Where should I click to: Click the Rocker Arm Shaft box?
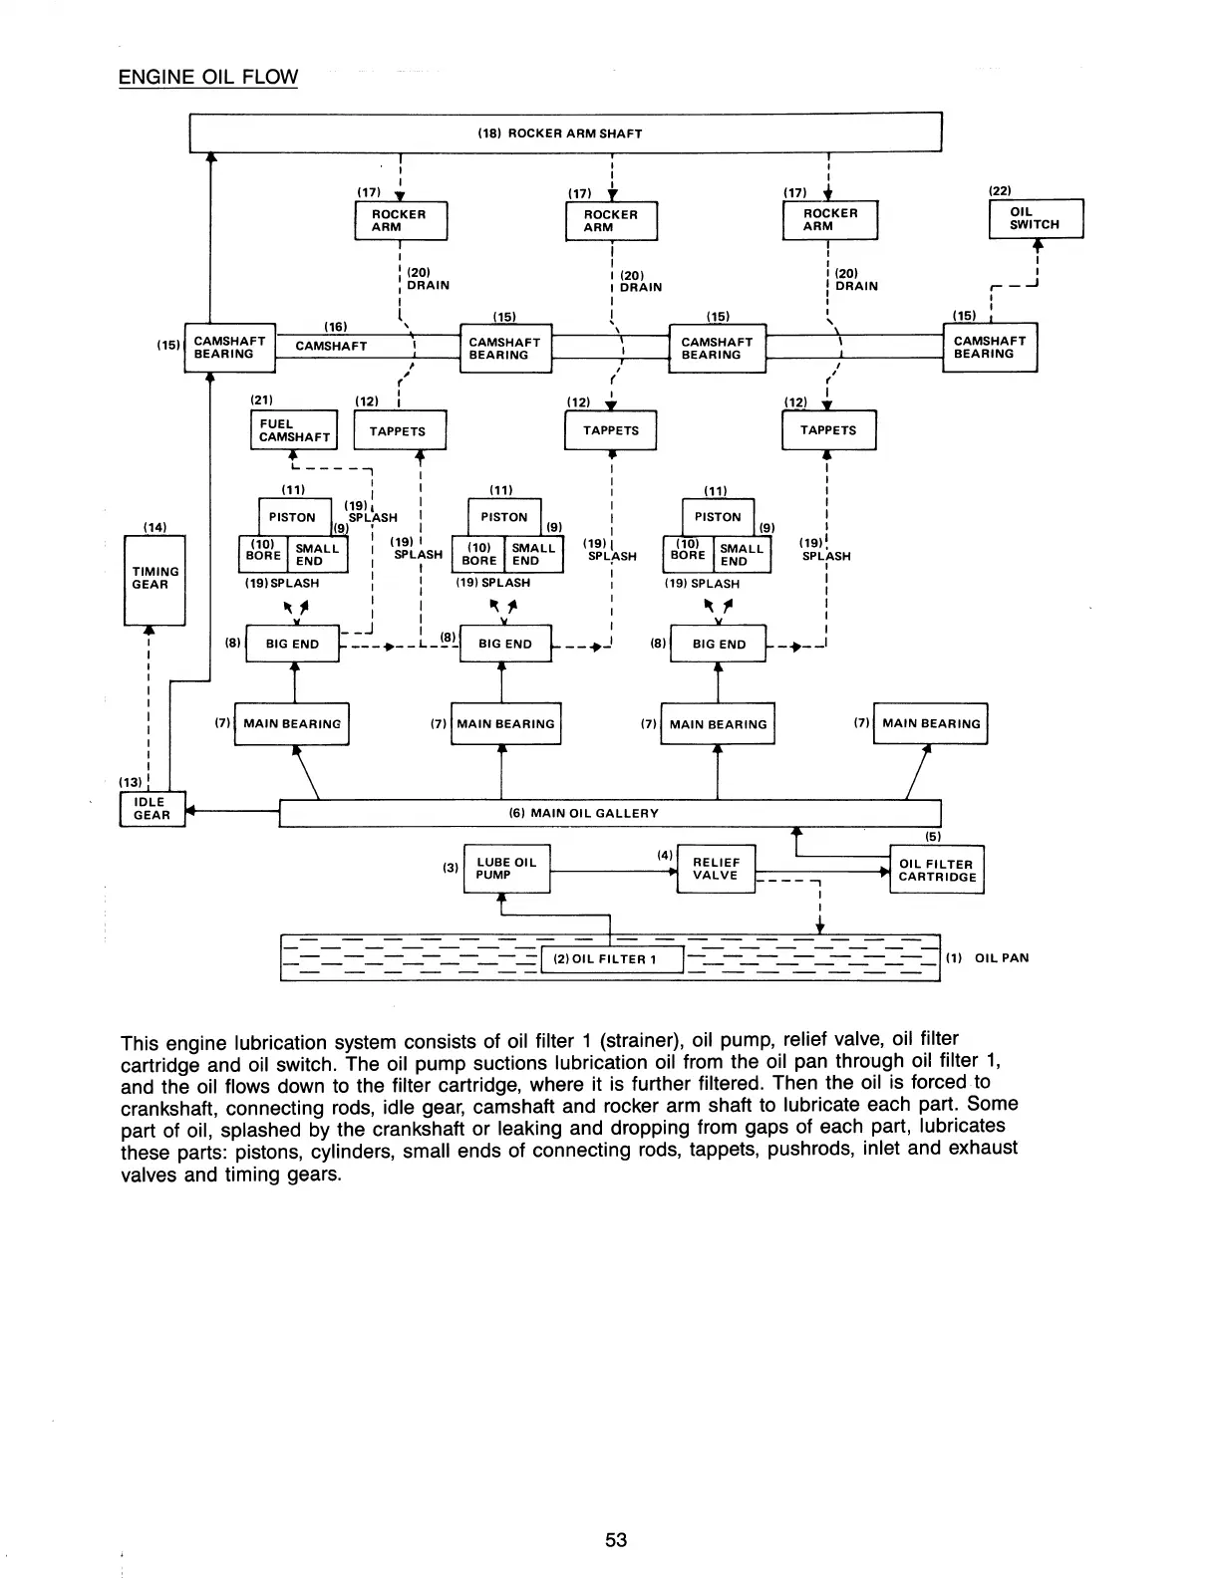(x=565, y=133)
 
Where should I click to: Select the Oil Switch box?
(x=1035, y=218)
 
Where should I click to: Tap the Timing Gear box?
(x=154, y=579)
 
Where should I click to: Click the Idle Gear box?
(x=152, y=809)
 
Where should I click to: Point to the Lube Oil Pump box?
(x=506, y=869)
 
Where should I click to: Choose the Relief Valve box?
(x=716, y=869)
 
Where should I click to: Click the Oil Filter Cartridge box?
(x=936, y=871)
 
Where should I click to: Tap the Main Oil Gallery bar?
(x=610, y=813)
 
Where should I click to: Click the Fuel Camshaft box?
(x=294, y=430)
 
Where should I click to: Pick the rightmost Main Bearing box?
(x=930, y=723)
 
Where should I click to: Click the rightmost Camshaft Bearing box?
(x=990, y=347)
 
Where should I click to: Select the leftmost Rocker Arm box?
(x=401, y=220)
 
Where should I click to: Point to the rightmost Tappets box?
(x=828, y=430)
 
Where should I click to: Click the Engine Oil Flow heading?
(x=207, y=77)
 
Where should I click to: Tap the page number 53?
(x=616, y=1539)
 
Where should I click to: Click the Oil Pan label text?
(x=1001, y=958)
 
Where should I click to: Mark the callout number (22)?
(x=1000, y=189)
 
